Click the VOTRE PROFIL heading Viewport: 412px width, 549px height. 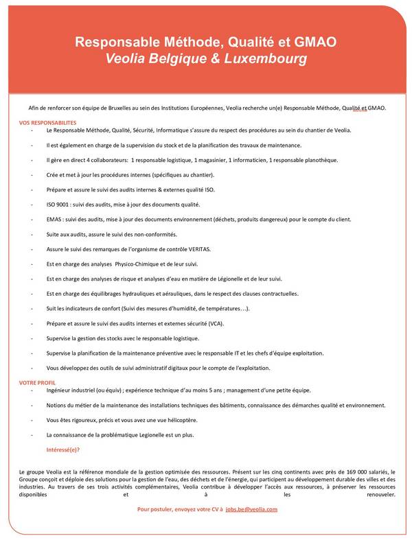38,382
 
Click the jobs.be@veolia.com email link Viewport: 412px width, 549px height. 251,509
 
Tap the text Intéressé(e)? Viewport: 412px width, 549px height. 62,449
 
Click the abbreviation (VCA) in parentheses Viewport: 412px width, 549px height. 233,323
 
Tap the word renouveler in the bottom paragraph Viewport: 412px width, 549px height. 381,493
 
